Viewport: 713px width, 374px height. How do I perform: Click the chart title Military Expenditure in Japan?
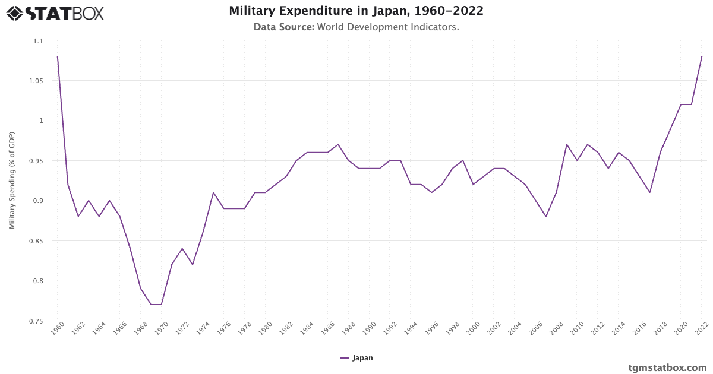tap(356, 11)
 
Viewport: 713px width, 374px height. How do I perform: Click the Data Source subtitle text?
tap(356, 27)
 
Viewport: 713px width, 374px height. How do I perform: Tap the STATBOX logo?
tap(55, 12)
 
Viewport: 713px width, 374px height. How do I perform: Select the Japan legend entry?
tap(356, 358)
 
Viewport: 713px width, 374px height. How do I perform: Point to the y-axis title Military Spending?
tap(12, 180)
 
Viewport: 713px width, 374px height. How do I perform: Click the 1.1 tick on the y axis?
tap(39, 41)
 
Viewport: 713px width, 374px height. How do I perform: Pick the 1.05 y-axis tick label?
tap(37, 81)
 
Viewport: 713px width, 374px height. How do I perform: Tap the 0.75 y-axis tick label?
tap(37, 321)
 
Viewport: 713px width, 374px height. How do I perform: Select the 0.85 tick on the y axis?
tap(37, 241)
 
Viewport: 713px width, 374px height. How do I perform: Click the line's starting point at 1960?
tap(58, 56)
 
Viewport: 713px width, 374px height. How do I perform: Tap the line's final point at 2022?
tap(702, 56)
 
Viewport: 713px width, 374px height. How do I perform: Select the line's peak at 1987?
tap(338, 144)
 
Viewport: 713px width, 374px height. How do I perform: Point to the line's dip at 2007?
tap(545, 217)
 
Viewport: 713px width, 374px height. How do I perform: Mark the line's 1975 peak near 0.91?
tap(213, 192)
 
